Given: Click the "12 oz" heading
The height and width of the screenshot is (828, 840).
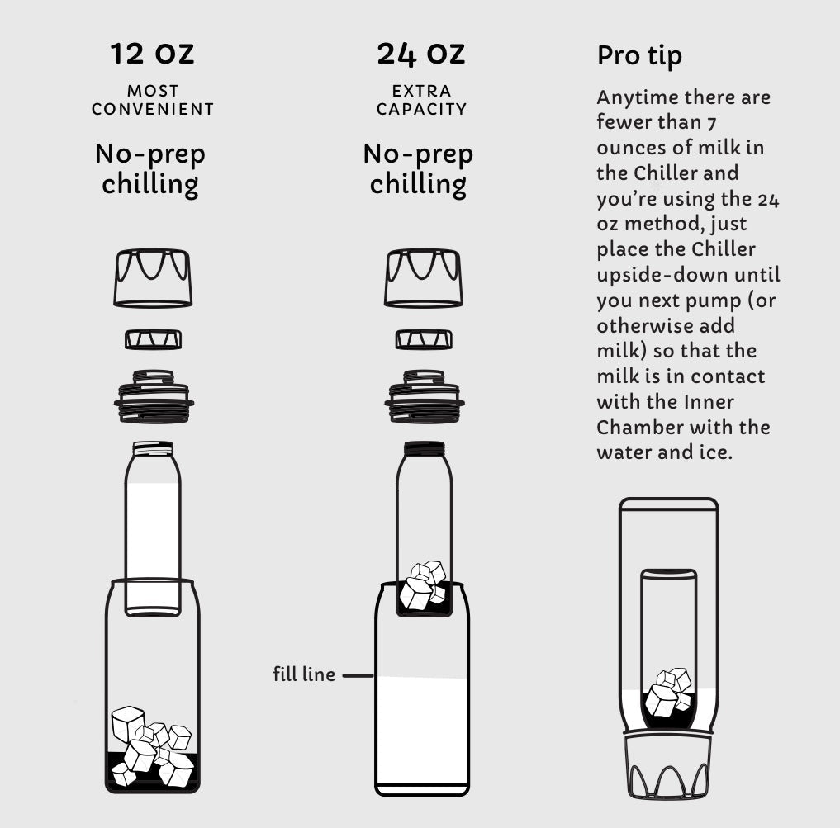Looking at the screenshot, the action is (152, 54).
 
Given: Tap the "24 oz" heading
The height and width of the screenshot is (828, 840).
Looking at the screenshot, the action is (421, 54).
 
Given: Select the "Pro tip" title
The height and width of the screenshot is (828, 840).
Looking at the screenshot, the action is (639, 55).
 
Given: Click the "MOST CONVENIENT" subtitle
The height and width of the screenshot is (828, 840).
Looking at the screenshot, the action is (153, 100).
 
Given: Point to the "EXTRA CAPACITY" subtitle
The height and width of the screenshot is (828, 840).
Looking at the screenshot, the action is (421, 100).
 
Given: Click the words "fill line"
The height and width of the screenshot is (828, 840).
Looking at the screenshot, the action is (304, 674).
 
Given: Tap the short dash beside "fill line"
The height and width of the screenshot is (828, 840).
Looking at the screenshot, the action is (358, 675).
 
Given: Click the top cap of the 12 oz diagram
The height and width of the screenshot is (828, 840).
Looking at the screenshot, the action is (153, 278).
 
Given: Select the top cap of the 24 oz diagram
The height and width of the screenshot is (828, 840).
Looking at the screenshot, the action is (423, 278).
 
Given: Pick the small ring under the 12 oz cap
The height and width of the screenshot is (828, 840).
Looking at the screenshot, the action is (153, 339).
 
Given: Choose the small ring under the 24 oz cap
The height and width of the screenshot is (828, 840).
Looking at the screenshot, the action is (424, 339).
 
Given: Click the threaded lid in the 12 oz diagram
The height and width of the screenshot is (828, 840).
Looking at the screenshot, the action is (154, 396).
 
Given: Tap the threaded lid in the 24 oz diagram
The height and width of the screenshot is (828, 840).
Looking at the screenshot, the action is (425, 396).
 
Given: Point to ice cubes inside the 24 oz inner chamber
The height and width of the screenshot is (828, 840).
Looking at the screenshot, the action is (424, 586).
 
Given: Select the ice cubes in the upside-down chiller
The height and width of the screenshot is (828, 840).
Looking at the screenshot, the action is (668, 693).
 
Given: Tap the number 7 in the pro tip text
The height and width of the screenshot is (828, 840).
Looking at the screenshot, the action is (711, 124).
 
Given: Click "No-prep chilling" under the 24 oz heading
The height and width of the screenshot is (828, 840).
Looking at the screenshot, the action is (419, 169).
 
